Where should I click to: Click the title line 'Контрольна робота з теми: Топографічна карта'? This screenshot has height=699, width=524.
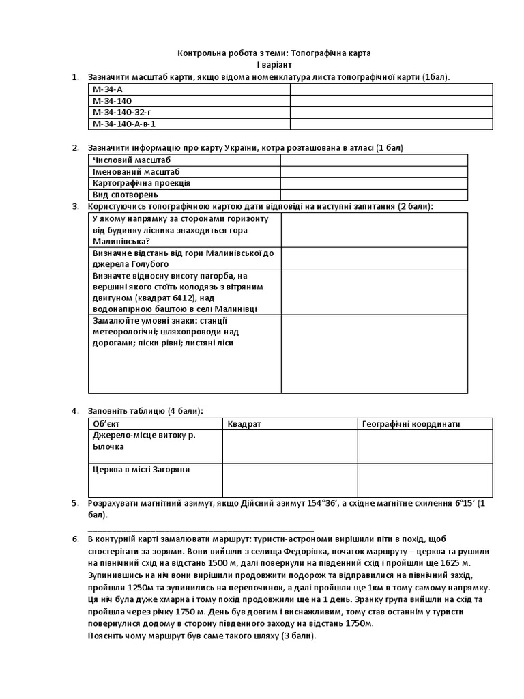click(x=275, y=53)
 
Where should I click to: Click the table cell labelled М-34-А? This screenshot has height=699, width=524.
click(x=104, y=89)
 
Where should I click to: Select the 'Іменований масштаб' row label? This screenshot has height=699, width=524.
click(x=130, y=171)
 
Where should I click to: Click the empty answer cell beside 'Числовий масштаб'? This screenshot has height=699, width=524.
click(x=374, y=160)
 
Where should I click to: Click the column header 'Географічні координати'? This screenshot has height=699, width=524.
click(x=411, y=424)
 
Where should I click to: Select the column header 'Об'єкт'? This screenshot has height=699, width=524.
click(x=106, y=424)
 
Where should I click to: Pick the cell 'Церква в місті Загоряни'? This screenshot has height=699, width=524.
click(x=141, y=470)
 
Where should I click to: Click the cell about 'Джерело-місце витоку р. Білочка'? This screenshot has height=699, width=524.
click(x=143, y=440)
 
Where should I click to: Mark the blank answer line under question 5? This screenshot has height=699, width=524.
click(x=201, y=529)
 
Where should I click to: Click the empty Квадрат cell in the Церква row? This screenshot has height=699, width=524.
click(x=290, y=481)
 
